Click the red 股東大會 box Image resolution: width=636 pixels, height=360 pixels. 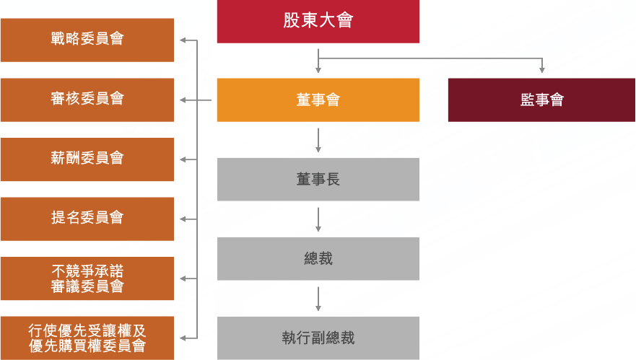[318, 22]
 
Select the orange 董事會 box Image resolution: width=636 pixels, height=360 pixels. [318, 100]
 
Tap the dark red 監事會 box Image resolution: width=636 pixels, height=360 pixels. [541, 100]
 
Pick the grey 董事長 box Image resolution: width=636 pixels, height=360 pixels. [318, 179]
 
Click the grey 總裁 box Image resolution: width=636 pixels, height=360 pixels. [318, 259]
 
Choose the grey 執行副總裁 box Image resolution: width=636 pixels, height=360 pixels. [318, 338]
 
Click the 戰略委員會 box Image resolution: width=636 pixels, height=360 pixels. [87, 40]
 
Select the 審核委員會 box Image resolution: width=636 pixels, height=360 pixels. [87, 100]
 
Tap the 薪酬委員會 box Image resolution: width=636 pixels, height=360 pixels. [87, 159]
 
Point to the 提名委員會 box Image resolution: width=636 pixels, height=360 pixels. [87, 219]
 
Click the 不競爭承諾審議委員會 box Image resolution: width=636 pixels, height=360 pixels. [87, 278]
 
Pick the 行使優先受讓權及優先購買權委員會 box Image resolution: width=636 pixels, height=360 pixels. [87, 338]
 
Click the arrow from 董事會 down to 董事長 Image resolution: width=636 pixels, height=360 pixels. [318, 140]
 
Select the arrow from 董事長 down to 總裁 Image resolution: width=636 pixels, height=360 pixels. [318, 220]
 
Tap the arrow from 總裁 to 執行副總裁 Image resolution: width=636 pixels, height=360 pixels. [318, 299]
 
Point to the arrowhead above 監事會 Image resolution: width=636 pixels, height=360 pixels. [542, 71]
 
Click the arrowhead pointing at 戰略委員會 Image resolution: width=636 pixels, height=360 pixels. [183, 40]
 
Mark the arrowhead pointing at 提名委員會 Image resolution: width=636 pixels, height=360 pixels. [183, 219]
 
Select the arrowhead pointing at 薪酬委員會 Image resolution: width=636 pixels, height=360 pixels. [183, 159]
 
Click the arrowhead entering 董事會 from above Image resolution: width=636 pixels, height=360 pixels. [318, 71]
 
